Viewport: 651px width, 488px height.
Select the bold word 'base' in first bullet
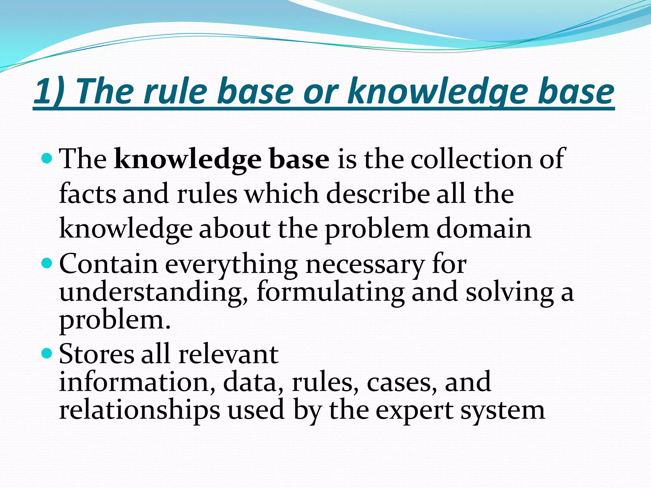coord(299,159)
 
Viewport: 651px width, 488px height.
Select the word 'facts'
coord(87,194)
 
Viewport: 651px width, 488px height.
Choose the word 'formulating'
coord(331,292)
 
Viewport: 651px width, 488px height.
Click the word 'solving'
coord(510,292)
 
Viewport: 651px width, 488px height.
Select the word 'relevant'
coord(228,354)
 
